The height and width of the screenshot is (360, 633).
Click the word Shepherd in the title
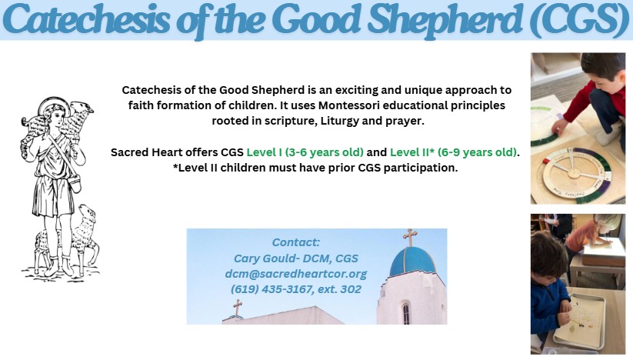(445, 19)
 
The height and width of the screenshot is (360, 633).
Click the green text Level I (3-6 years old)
(305, 152)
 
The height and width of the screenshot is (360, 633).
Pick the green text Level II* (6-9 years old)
(453, 152)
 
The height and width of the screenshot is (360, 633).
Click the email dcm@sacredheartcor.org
(296, 274)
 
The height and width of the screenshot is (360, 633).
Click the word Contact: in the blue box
(296, 242)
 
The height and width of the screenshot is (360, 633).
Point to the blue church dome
(413, 262)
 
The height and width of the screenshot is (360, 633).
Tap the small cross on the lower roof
(238, 308)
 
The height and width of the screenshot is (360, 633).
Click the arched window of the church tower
(405, 314)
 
